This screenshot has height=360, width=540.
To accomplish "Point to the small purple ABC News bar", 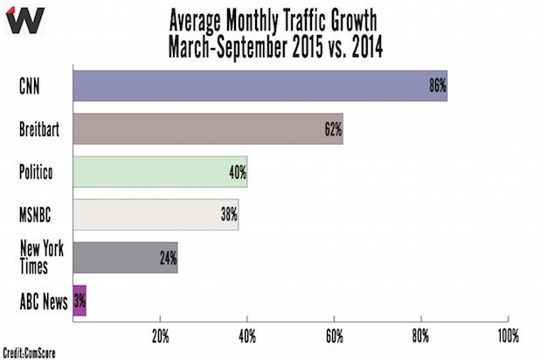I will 79,301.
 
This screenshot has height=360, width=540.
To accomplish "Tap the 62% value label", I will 332,128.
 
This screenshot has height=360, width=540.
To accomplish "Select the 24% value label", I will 168,258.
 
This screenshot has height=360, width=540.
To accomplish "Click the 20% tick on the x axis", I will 160,335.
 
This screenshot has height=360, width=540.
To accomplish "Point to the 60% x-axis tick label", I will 335,335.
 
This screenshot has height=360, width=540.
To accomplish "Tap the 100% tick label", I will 507,335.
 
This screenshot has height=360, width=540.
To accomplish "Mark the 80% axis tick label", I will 421,335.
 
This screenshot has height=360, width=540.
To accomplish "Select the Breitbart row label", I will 40,128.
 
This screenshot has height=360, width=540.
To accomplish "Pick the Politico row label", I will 37,171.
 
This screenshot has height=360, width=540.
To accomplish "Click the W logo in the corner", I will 24,18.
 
